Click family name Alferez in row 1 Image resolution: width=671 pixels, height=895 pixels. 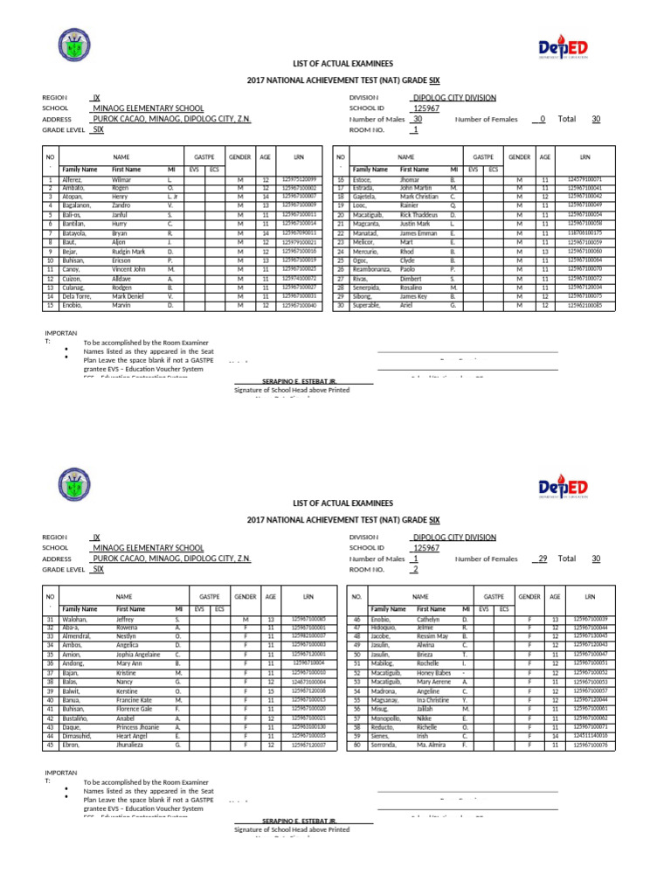73,179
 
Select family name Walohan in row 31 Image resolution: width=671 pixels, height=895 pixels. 76,619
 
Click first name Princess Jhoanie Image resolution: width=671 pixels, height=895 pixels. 140,726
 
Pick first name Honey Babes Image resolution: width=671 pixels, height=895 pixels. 438,672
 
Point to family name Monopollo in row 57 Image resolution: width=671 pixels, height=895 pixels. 390,718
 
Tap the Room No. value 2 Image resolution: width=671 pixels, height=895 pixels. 415,569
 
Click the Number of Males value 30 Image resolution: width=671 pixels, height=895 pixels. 417,119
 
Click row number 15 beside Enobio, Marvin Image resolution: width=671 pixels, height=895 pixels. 51,305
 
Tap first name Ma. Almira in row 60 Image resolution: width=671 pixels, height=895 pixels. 433,745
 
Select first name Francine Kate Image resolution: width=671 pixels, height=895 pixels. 137,699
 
